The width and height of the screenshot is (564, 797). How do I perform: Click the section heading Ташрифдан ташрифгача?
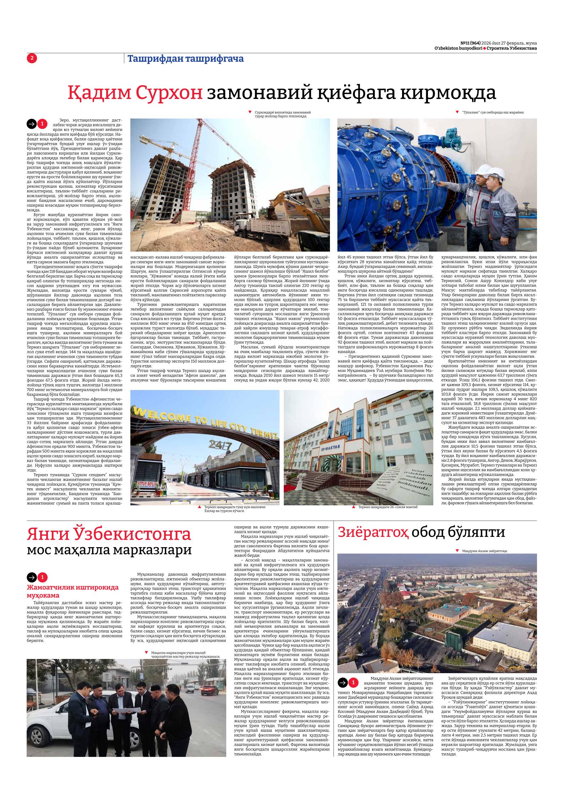coord(185,59)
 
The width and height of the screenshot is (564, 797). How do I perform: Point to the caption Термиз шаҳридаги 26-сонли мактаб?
coord(388,507)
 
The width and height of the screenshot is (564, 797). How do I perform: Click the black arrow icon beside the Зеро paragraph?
coord(32,124)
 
